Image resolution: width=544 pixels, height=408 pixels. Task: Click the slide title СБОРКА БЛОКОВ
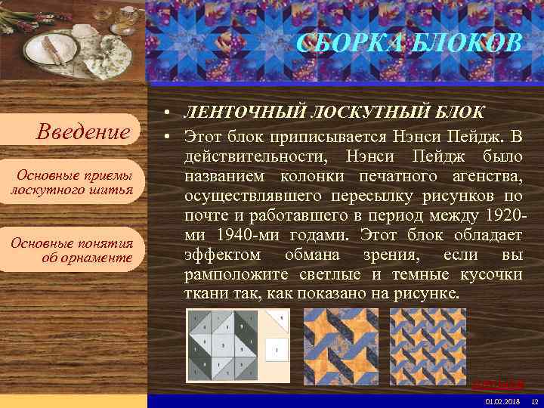coord(409,43)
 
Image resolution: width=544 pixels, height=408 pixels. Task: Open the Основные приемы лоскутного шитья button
coord(73,182)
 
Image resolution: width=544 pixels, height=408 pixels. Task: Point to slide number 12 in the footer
coord(534,401)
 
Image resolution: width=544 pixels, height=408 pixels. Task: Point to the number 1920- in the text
coord(503,215)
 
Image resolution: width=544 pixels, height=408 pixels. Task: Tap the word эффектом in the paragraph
coord(223,255)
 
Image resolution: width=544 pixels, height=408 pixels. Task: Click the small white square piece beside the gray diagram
coord(277,349)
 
